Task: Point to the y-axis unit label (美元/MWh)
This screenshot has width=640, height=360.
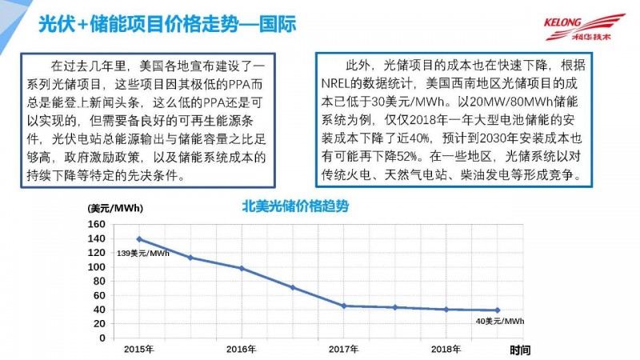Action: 116,209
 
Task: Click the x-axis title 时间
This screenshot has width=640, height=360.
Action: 519,350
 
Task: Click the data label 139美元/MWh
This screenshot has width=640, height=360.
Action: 143,254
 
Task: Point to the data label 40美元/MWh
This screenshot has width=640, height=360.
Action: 500,321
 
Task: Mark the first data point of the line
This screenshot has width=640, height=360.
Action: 139,239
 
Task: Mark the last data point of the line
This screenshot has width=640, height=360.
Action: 498,310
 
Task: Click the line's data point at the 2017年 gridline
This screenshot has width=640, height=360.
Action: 344,306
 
